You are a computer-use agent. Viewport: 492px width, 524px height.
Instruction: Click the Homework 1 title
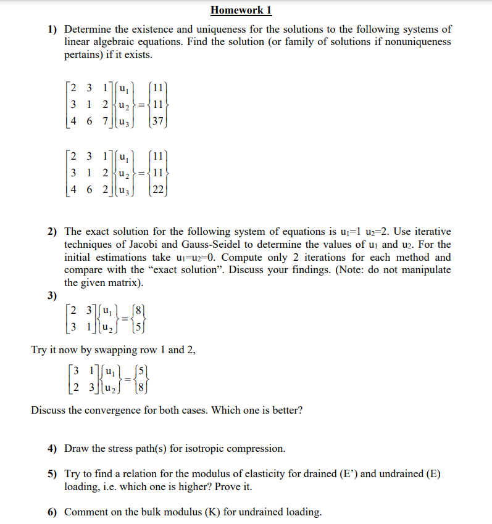tap(241, 10)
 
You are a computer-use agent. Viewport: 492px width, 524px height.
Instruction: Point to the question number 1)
tap(53, 29)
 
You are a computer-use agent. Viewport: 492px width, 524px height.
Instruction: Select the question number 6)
tap(53, 512)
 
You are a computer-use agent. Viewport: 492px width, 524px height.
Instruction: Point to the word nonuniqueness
tap(419, 42)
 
